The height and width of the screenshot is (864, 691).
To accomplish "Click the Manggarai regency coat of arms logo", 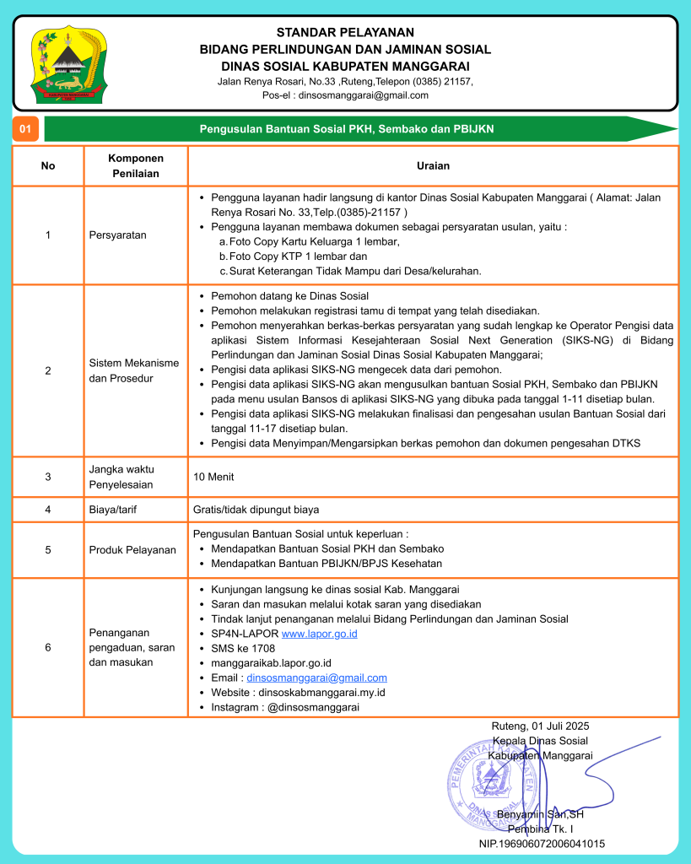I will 67,65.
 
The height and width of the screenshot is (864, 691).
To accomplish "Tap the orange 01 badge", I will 25,129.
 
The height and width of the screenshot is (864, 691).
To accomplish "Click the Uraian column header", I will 433,165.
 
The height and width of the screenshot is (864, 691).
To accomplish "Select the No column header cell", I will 48,165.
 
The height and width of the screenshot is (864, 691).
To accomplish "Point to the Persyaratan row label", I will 118,235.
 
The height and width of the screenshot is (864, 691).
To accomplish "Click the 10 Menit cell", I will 213,477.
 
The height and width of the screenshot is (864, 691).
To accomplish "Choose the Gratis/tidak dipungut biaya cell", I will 256,510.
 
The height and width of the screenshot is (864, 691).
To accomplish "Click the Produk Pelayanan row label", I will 132,549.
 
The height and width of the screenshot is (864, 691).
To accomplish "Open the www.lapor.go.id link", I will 319,634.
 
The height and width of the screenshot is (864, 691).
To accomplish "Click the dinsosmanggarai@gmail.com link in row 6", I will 316,678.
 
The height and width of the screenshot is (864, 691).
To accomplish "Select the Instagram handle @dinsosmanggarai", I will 313,707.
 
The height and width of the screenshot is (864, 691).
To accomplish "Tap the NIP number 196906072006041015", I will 541,843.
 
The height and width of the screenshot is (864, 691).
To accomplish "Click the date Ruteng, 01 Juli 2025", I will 540,726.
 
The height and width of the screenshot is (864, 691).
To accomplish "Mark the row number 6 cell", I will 48,647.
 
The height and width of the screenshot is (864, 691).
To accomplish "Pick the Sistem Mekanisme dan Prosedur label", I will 133,370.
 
